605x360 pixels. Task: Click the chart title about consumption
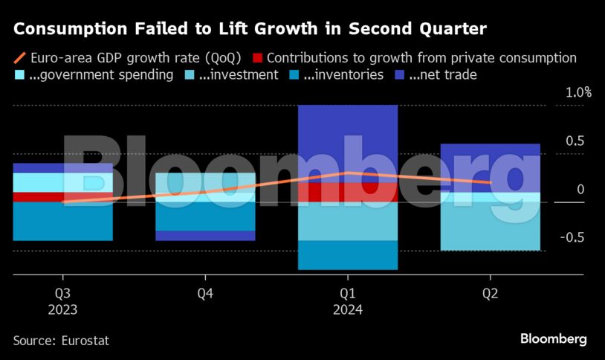click(250, 30)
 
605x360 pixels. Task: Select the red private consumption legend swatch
click(256, 57)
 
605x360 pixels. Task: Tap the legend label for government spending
click(101, 74)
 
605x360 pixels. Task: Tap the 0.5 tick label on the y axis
click(576, 141)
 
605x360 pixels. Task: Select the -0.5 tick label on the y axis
click(573, 237)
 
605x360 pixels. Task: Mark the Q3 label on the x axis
click(62, 294)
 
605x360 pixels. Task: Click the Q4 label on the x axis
click(205, 294)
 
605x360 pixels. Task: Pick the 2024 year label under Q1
click(348, 310)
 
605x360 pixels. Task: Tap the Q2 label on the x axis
click(491, 294)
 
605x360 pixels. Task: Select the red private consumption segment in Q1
click(348, 192)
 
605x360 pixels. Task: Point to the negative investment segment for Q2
click(491, 226)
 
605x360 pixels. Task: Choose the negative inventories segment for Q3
click(62, 221)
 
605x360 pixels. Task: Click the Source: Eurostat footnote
click(61, 340)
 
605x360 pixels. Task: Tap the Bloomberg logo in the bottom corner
click(553, 339)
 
